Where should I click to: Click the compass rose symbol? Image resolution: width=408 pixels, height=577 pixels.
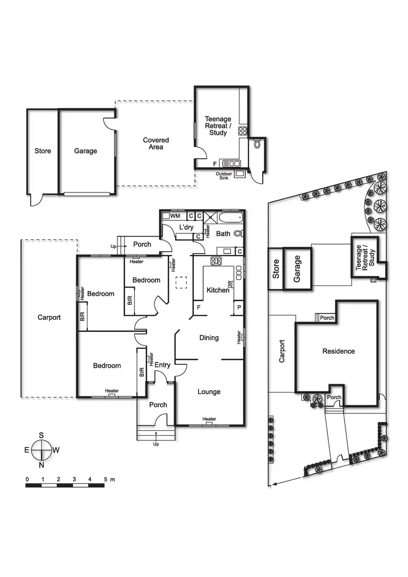point(41,450)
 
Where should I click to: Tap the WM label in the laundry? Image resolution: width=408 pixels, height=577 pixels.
point(175,216)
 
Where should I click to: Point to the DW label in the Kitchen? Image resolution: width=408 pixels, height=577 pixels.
point(230,284)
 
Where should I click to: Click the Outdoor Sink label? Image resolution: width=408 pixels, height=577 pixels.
point(224,176)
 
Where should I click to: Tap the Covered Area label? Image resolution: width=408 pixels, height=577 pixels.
point(156,144)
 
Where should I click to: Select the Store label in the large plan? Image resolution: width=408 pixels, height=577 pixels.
point(43,151)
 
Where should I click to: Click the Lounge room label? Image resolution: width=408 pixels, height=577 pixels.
point(209,392)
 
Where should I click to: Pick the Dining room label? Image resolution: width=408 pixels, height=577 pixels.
point(209,338)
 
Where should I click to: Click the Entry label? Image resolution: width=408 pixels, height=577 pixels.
point(163,365)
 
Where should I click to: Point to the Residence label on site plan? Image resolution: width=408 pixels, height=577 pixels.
point(338,351)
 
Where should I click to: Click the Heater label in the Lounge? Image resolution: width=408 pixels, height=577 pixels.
point(209,419)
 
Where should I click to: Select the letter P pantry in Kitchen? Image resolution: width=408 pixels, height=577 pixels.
point(238,308)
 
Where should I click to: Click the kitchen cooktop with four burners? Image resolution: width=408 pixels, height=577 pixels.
point(216,261)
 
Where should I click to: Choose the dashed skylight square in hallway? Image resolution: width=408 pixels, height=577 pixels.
point(181,283)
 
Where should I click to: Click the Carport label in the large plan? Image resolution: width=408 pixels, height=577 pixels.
point(49,318)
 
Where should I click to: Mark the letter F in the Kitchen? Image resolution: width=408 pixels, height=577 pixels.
point(199,308)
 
